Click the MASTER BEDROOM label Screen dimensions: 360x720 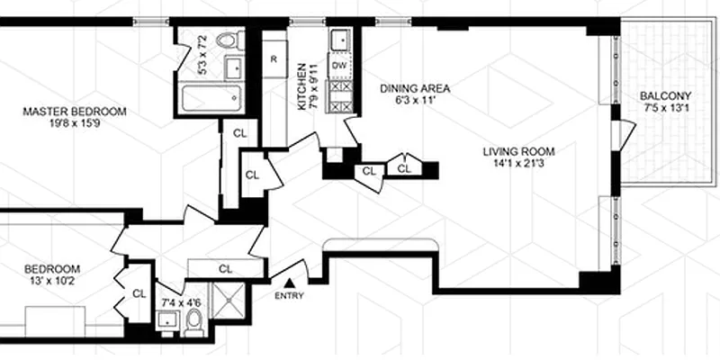[x=75, y=112]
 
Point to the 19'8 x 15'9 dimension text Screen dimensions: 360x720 [x=75, y=125]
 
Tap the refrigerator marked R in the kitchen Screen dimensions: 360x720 [x=273, y=59]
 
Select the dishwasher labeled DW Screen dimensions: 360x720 [x=339, y=66]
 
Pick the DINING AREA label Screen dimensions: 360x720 [x=414, y=88]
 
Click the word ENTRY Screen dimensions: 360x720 [x=290, y=295]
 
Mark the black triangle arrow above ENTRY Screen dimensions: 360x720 [x=290, y=283]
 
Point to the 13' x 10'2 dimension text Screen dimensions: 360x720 [x=52, y=283]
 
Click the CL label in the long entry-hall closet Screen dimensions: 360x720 [x=225, y=268]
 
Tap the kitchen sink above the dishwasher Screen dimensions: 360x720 [x=340, y=41]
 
